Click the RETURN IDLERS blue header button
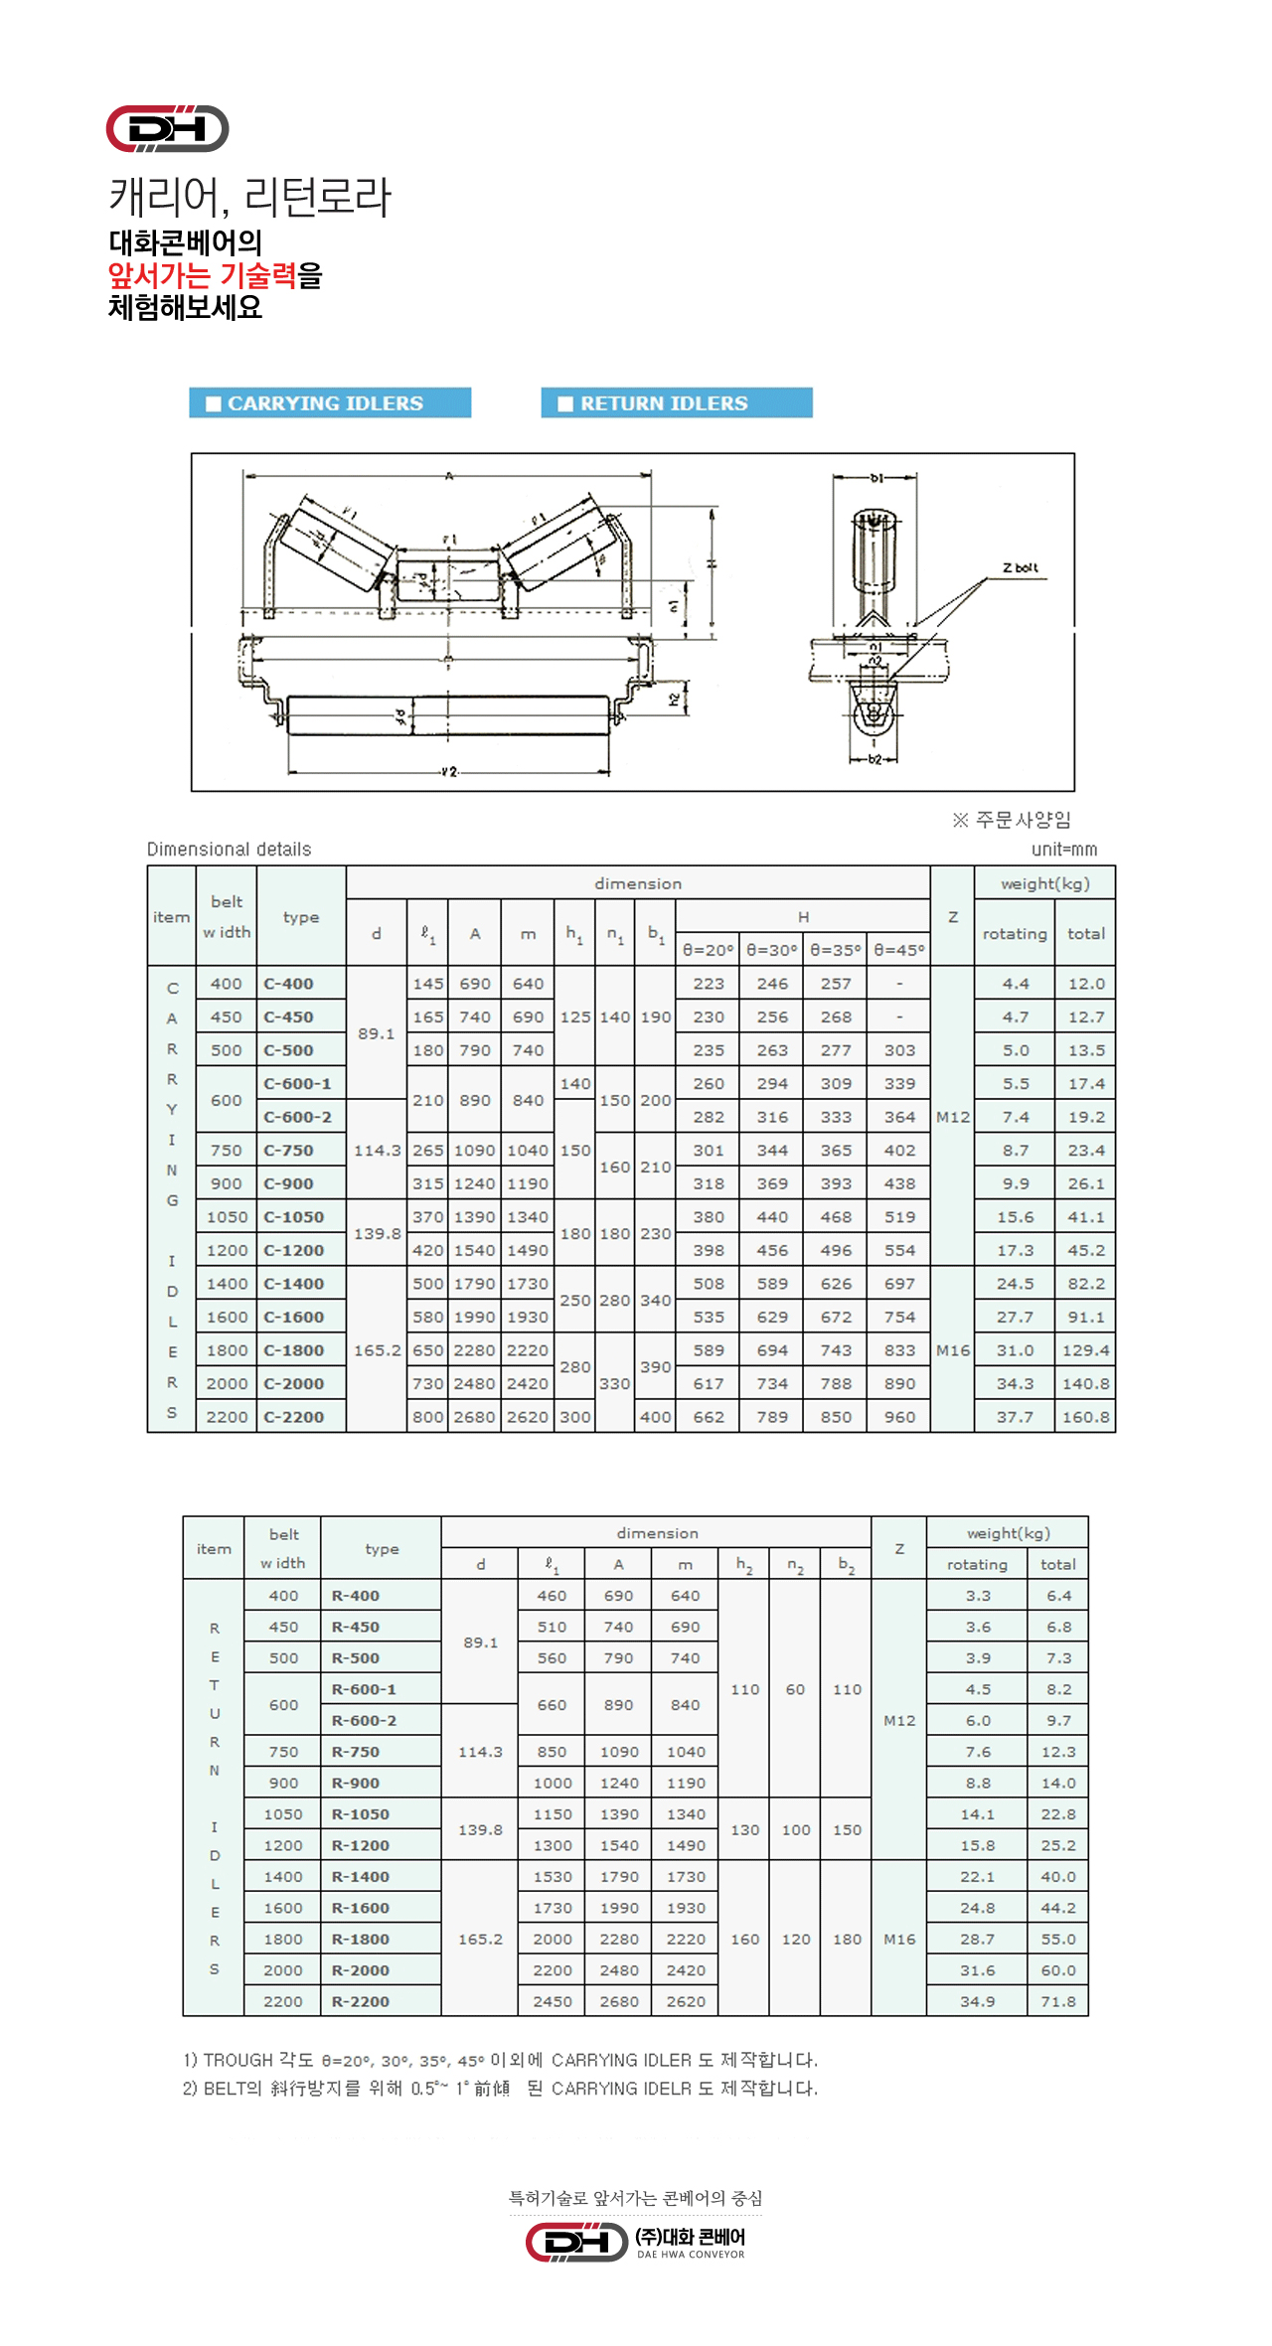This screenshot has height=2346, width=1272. click(677, 402)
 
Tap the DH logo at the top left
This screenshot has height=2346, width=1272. click(167, 128)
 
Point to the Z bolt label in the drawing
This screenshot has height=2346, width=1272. click(1021, 568)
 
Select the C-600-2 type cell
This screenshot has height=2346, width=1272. click(297, 1117)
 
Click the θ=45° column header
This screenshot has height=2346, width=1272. click(899, 950)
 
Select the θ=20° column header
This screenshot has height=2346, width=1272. click(708, 950)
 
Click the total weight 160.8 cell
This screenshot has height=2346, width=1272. click(1085, 1417)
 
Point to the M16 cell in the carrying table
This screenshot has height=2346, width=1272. click(953, 1350)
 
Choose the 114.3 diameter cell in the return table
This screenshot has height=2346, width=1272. click(480, 1752)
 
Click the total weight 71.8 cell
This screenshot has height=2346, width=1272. click(1058, 2001)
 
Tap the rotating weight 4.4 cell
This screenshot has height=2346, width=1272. click(1015, 984)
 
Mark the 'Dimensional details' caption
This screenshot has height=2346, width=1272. click(229, 850)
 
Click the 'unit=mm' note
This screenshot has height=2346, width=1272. click(1064, 850)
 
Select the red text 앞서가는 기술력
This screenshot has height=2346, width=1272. click(202, 275)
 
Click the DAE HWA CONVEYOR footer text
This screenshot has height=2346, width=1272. click(691, 2255)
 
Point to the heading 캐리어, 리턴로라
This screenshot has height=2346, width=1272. click(250, 196)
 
